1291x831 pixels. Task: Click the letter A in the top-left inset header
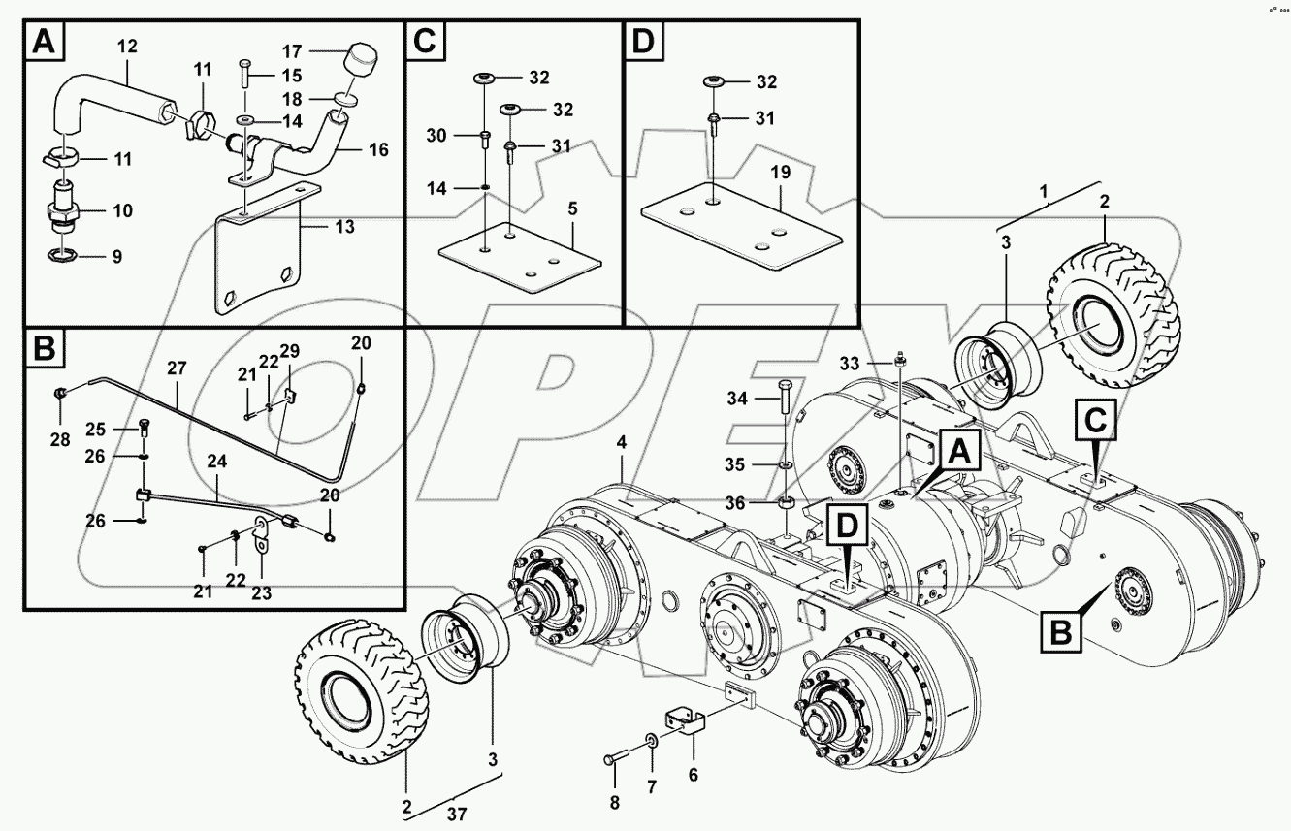(x=44, y=42)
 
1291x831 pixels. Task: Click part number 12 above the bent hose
(x=128, y=46)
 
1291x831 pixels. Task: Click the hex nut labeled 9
(x=61, y=255)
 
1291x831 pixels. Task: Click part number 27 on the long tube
(x=176, y=368)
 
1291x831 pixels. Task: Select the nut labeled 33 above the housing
(x=901, y=361)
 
